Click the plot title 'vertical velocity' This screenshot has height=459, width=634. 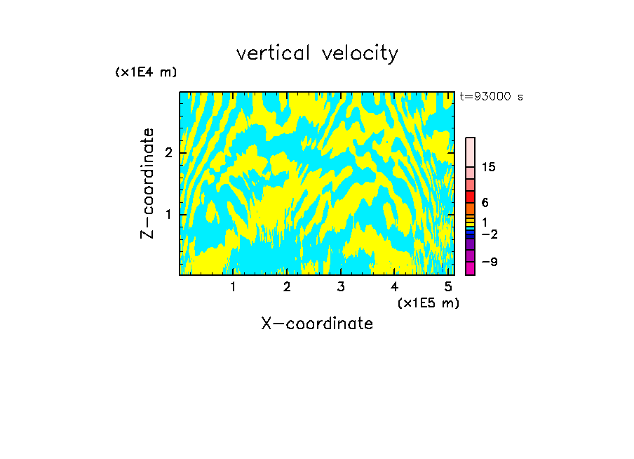(x=317, y=53)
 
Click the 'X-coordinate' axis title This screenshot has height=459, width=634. (x=317, y=324)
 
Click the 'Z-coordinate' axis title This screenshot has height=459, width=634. (x=147, y=183)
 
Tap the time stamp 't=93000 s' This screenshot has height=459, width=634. (x=491, y=97)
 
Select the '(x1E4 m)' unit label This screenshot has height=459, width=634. (x=146, y=72)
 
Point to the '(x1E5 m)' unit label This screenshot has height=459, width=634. (x=428, y=303)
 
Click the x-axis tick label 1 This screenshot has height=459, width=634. (x=233, y=286)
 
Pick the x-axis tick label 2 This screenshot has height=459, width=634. (x=287, y=286)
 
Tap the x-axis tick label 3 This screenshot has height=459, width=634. (x=341, y=286)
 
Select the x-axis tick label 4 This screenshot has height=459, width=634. (x=394, y=286)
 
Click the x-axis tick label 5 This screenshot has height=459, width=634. (x=448, y=286)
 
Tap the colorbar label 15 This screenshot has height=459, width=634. (x=489, y=167)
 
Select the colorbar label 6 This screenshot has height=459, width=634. (x=485, y=203)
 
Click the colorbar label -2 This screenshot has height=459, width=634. (x=489, y=234)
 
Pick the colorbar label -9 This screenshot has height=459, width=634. (x=489, y=262)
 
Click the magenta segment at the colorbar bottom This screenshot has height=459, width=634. (x=470, y=268)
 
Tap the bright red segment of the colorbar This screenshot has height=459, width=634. (x=470, y=197)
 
